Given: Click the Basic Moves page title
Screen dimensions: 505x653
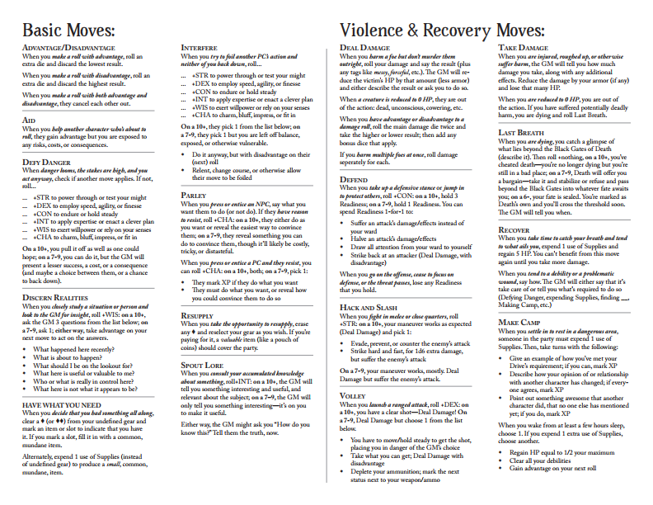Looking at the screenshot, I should pos(68,30).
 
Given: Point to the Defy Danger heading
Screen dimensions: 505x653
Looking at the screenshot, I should pos(46,163).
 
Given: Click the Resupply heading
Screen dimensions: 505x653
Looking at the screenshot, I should pos(200,316).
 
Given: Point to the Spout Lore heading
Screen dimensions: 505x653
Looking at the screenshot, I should pos(202,365).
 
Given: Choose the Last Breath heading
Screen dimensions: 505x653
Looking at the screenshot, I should pos(522,132).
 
